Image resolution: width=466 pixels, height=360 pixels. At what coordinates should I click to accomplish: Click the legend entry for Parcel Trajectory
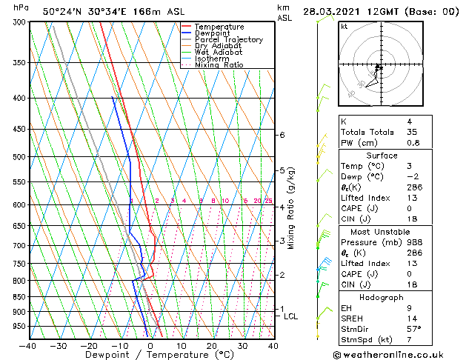(228, 39)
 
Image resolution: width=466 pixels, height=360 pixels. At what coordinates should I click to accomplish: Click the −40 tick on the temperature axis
(27, 345)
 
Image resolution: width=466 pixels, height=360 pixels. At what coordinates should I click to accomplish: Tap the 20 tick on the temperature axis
(212, 345)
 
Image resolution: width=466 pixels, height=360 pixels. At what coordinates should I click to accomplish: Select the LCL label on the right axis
(291, 316)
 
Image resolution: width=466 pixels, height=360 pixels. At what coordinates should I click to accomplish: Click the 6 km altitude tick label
(282, 135)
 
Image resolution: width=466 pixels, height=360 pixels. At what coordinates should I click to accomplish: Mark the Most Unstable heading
(382, 231)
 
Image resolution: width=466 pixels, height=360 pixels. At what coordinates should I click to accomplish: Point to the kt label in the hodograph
(344, 27)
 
